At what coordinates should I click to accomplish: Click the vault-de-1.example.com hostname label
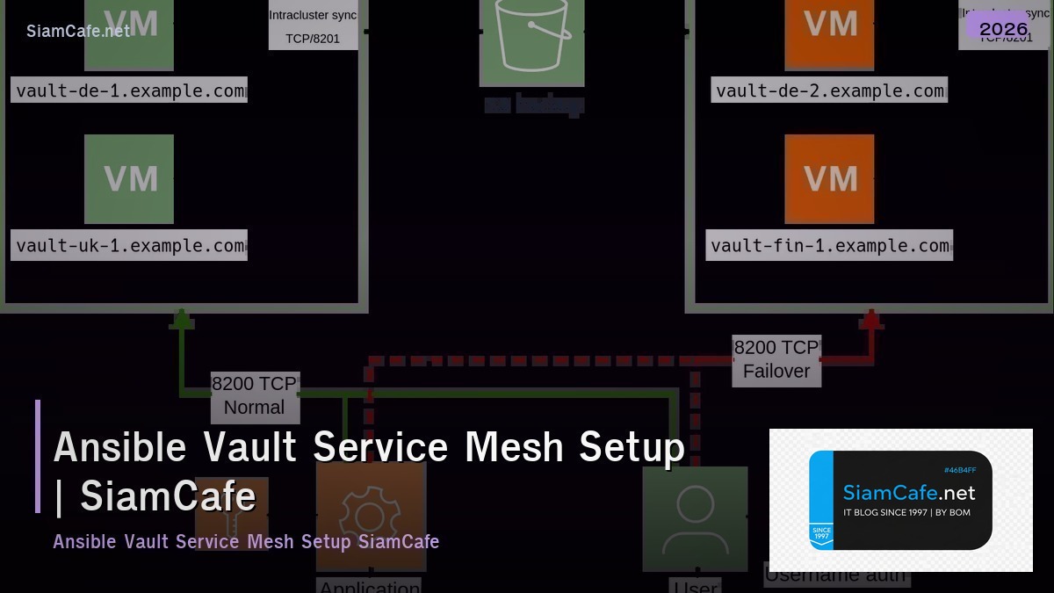click(129, 90)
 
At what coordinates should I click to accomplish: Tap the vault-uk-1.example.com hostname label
click(129, 245)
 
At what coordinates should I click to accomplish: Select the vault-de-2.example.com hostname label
click(829, 90)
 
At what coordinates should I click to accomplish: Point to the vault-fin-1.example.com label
click(829, 245)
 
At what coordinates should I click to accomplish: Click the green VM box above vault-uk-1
click(129, 178)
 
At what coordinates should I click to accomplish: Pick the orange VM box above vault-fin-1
click(829, 178)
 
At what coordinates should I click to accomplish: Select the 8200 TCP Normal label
click(255, 395)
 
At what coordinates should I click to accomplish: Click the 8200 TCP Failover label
click(776, 359)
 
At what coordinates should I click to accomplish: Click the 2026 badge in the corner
click(1003, 29)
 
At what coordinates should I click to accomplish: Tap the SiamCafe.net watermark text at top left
click(78, 31)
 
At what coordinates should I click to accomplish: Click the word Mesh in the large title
click(513, 447)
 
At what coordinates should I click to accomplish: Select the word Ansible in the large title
click(120, 447)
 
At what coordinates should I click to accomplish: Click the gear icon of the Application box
click(370, 518)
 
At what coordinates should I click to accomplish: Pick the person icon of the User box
click(695, 518)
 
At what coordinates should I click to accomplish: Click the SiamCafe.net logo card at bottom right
click(900, 500)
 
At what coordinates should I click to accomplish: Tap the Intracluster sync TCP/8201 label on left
click(313, 26)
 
